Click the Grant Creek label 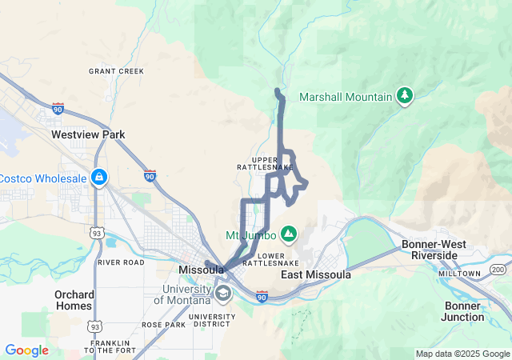tap(116, 71)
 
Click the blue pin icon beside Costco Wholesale tap(98, 177)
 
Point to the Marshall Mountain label tap(346, 97)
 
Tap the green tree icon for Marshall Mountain tap(405, 97)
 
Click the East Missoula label tap(316, 274)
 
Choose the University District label tap(213, 320)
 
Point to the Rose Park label tap(163, 325)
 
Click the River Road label tap(121, 262)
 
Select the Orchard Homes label tap(74, 299)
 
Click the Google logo tap(26, 350)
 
